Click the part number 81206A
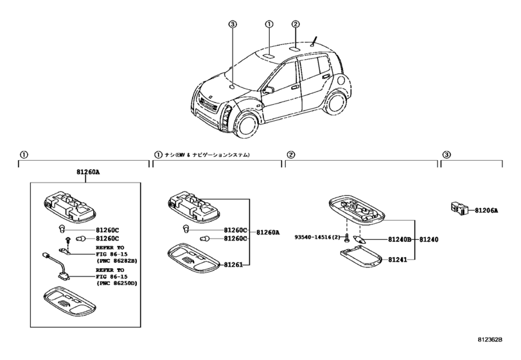486,210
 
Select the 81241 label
398,260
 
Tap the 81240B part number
400,239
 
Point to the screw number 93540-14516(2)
317,237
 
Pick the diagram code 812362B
490,339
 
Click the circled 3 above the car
233,24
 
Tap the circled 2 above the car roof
296,24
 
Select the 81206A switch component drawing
459,208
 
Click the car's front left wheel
247,125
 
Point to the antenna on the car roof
314,42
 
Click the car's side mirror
268,90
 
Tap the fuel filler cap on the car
340,80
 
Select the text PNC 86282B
117,260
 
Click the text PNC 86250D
117,283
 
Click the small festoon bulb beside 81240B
360,239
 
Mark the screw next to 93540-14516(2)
346,238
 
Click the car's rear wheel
337,102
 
